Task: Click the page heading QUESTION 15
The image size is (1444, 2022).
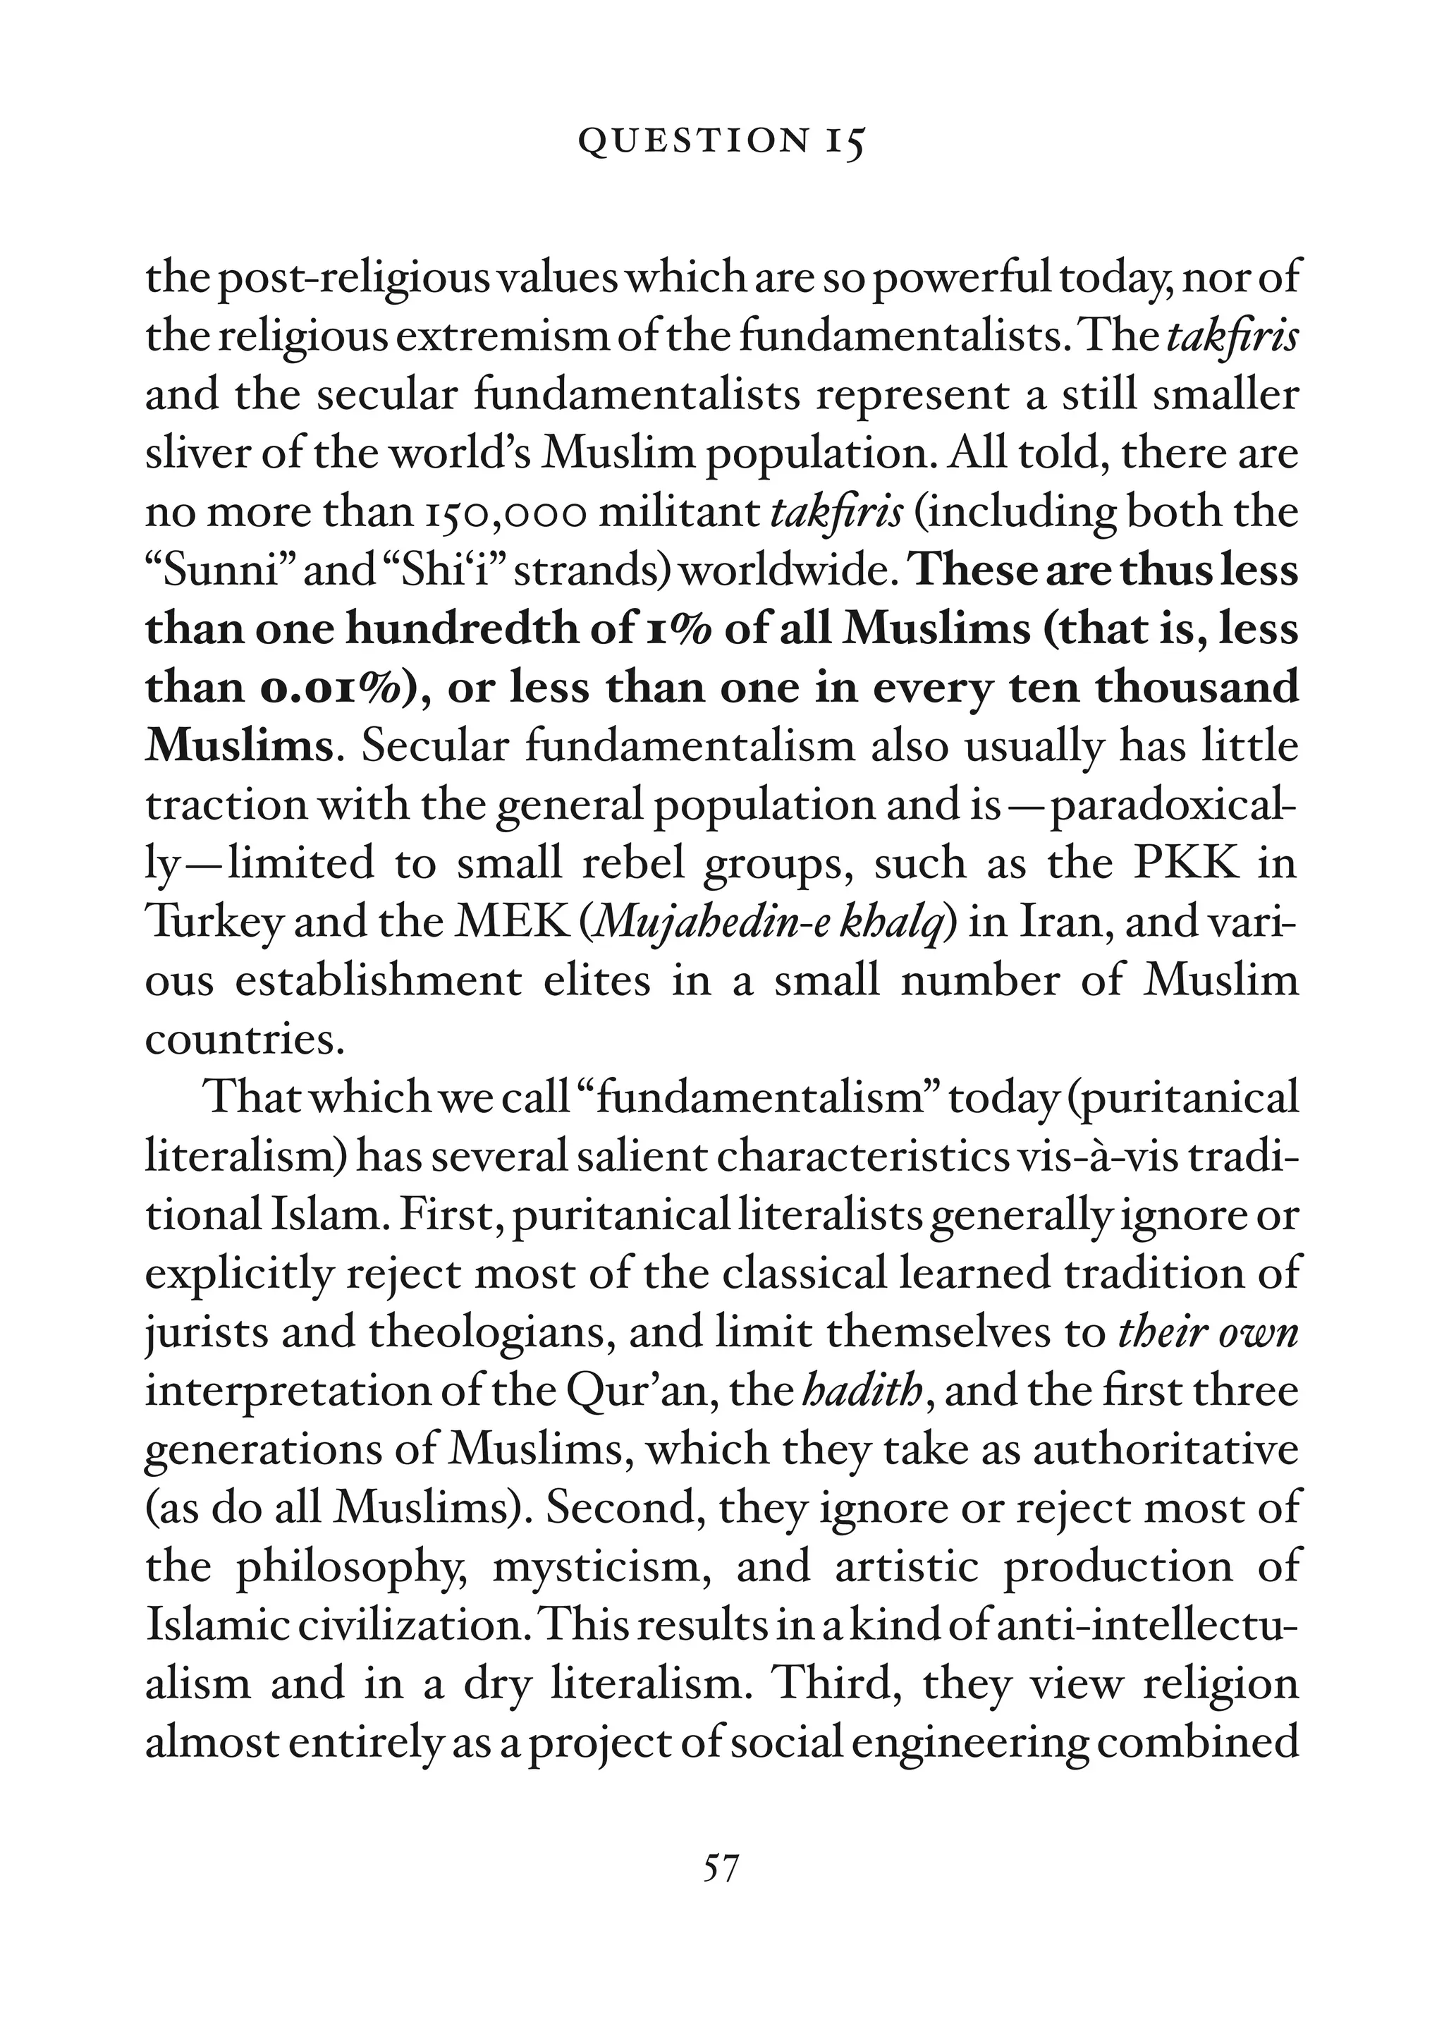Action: (x=721, y=142)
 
